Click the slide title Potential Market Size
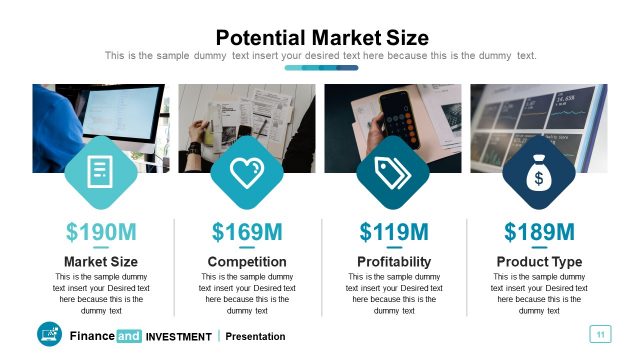pos(322,38)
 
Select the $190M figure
pos(101,233)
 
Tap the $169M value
pos(247,233)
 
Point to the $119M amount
pos(394,233)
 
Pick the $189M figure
pos(540,233)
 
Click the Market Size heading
pos(101,262)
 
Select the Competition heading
pos(247,262)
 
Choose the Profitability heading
pos(394,262)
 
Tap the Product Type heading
pos(540,262)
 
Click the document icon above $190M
pos(101,173)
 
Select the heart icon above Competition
pos(247,173)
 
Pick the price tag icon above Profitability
pos(393,173)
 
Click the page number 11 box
pos(601,334)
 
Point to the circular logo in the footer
pos(49,335)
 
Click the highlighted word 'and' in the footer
pos(129,336)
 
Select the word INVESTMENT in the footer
pos(179,337)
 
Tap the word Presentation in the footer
pos(255,337)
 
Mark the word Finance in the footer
pos(91,336)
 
